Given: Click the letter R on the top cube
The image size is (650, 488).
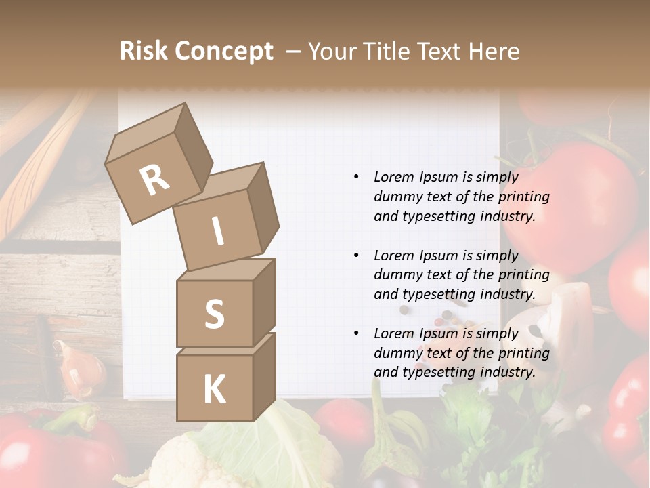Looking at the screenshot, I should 155,180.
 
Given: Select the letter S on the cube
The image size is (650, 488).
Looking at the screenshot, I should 214,314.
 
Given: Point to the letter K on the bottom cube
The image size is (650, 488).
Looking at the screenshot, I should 214,390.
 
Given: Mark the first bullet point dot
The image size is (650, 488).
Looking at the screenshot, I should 356,177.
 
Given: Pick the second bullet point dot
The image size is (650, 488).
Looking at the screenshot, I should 356,256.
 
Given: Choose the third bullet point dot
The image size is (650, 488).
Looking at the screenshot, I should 356,333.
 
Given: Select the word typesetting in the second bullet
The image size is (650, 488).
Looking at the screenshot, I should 436,294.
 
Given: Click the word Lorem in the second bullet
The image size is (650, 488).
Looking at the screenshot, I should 393,256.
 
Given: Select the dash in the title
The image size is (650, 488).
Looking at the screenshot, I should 294,52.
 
